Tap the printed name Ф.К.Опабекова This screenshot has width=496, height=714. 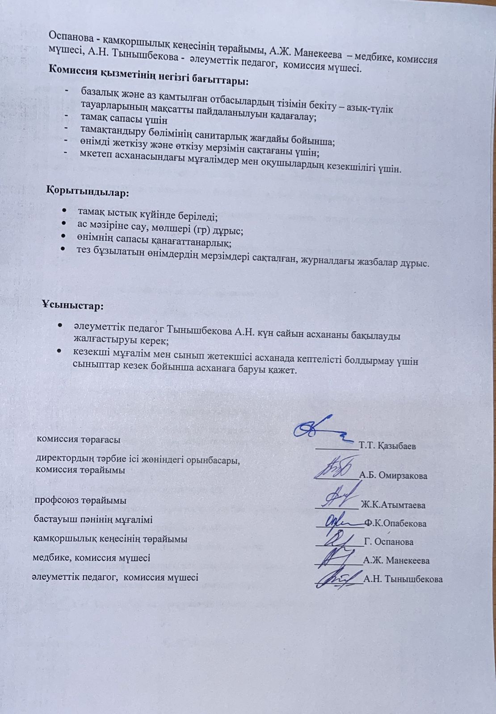click(395, 523)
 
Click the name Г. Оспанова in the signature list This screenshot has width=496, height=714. click(389, 542)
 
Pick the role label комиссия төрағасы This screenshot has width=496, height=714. click(78, 439)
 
